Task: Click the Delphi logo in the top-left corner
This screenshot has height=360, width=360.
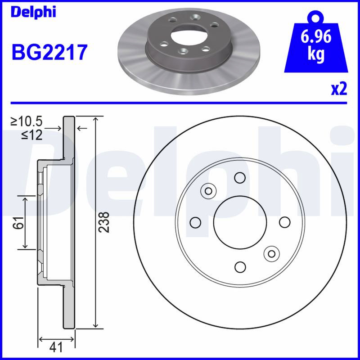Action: [x=33, y=12]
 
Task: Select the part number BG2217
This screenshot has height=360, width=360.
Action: [x=49, y=52]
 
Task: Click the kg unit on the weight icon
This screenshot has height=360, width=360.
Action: [x=316, y=54]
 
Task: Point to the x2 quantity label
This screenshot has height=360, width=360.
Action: [x=339, y=89]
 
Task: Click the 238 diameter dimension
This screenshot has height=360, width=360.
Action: [x=103, y=222]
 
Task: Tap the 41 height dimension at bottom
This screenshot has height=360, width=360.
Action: [x=56, y=346]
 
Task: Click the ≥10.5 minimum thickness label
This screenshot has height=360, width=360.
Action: [x=27, y=121]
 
